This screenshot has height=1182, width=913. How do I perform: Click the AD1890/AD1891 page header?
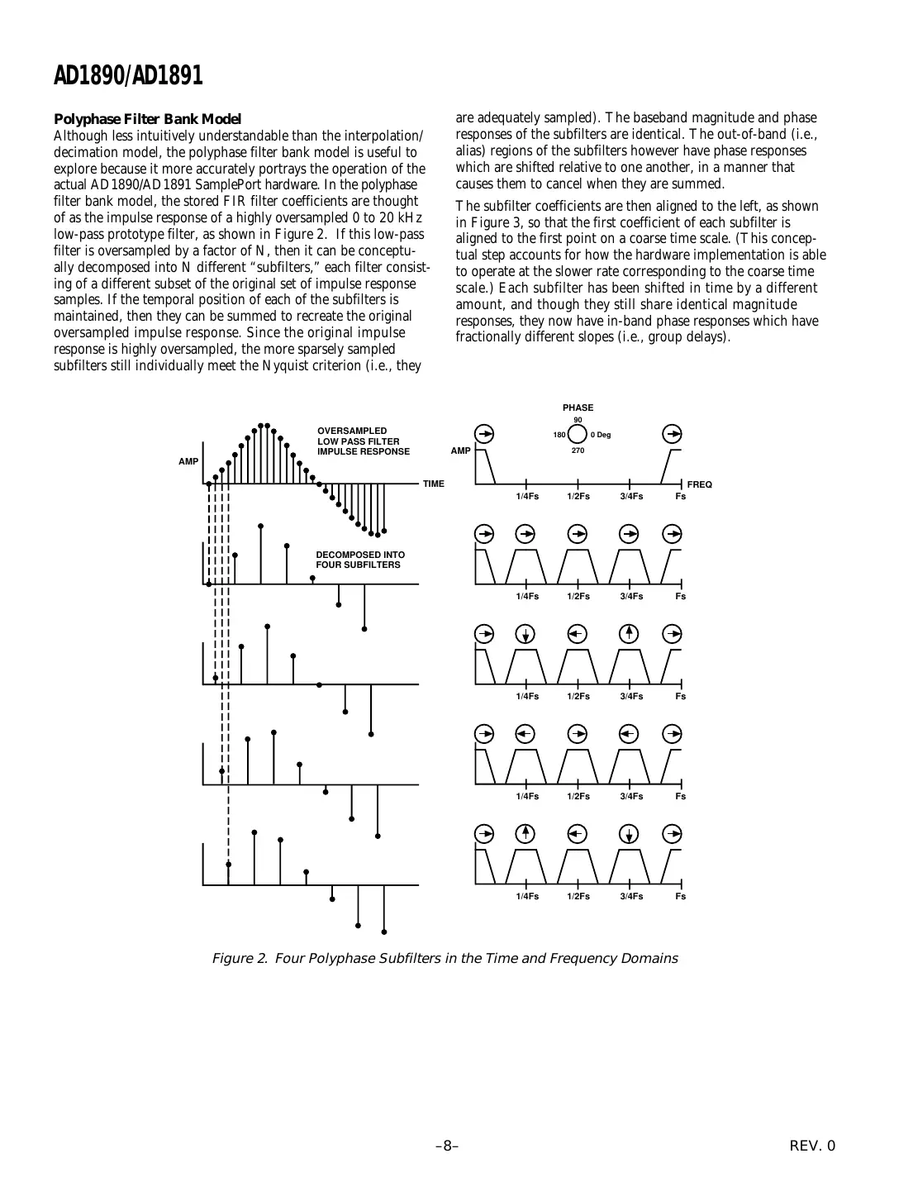coord(128,77)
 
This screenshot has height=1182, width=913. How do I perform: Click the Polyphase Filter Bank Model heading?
coord(147,120)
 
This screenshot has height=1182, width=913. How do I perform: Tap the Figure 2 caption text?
coord(445,959)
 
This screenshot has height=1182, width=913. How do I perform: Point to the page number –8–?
coord(447,1146)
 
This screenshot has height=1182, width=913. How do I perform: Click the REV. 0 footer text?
coord(812,1146)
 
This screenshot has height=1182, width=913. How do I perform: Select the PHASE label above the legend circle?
coord(578,408)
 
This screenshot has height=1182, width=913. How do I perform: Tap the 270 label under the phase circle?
coord(578,451)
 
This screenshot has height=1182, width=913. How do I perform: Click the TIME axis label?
coord(433,484)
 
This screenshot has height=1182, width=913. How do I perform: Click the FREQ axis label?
coord(699,484)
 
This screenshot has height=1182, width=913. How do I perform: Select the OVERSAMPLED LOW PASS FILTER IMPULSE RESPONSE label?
coord(364,441)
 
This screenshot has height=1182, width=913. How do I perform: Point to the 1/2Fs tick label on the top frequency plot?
coord(578,497)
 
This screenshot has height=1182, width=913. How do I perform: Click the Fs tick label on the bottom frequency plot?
coord(680,897)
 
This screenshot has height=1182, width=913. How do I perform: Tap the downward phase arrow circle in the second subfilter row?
coord(526,635)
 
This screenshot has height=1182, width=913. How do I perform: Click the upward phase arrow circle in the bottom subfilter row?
coord(526,834)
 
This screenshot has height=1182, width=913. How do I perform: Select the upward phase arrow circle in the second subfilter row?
coord(630,634)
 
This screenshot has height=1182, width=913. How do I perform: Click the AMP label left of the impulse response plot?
coord(188,461)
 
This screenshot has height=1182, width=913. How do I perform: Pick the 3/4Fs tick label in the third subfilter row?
coord(631,797)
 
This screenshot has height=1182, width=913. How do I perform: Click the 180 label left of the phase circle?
coord(559,435)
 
